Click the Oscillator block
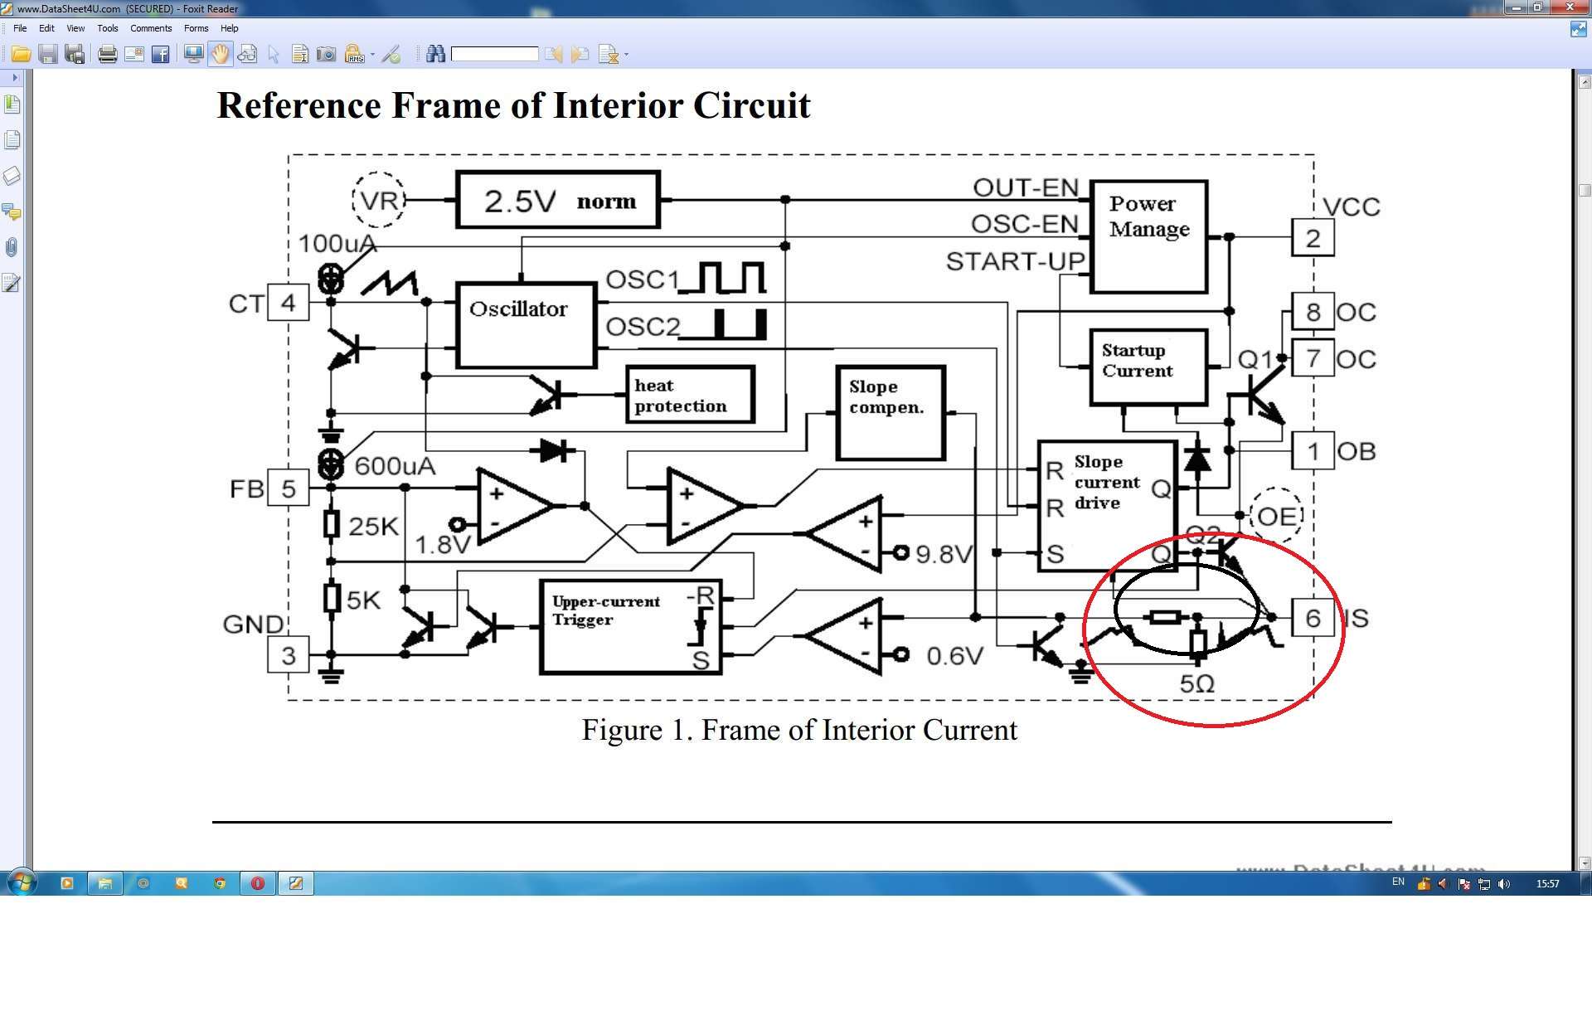tap(526, 324)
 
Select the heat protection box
tap(689, 395)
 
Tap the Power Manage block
tap(1148, 236)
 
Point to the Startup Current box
tap(1148, 367)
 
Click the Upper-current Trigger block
tap(630, 626)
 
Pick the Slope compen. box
tap(891, 412)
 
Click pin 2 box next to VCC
tap(1313, 238)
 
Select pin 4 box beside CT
tap(288, 303)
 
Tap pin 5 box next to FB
tap(288, 488)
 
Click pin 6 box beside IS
tap(1313, 618)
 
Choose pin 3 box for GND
tap(288, 655)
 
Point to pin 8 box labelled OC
tap(1313, 312)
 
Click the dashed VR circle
tap(379, 200)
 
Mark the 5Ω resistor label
tap(1196, 684)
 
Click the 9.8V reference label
tap(943, 554)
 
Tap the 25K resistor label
tap(373, 526)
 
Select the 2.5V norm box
tap(558, 200)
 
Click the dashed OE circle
tap(1277, 516)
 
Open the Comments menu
tap(151, 28)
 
